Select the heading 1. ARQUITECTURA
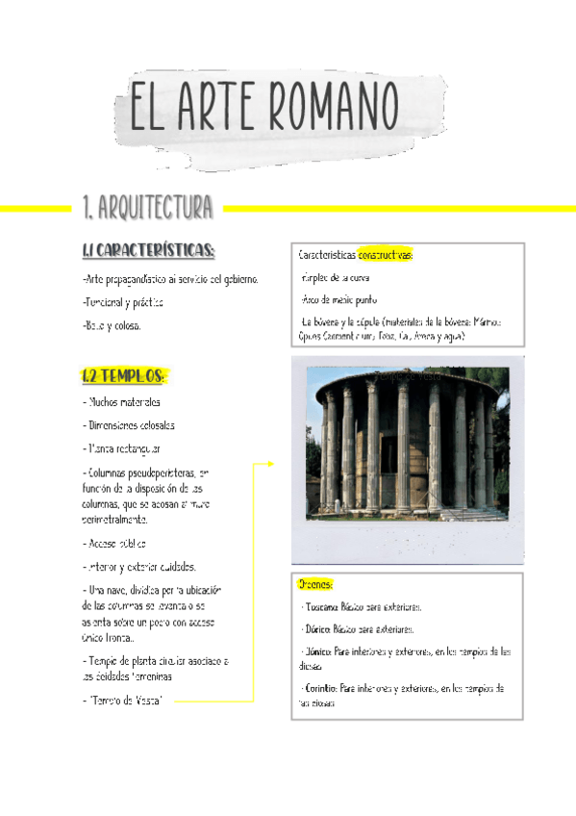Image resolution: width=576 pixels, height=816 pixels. point(148,207)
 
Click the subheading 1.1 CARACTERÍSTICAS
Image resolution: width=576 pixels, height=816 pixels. point(148,251)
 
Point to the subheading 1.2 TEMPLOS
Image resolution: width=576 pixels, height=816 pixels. point(124,375)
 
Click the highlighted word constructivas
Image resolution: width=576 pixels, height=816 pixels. point(386,256)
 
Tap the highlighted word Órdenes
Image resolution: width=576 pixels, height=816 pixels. point(315,584)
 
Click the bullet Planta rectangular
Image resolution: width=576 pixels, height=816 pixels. point(122,448)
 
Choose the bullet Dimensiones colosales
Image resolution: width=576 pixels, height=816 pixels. point(129,425)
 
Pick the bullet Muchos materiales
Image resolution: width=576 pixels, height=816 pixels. point(122,402)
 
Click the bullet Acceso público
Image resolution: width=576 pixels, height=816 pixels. point(121,543)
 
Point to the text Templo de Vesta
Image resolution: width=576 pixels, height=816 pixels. point(124,701)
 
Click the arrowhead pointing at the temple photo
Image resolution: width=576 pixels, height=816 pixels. point(271,464)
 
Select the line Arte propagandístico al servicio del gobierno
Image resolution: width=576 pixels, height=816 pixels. point(170,279)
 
